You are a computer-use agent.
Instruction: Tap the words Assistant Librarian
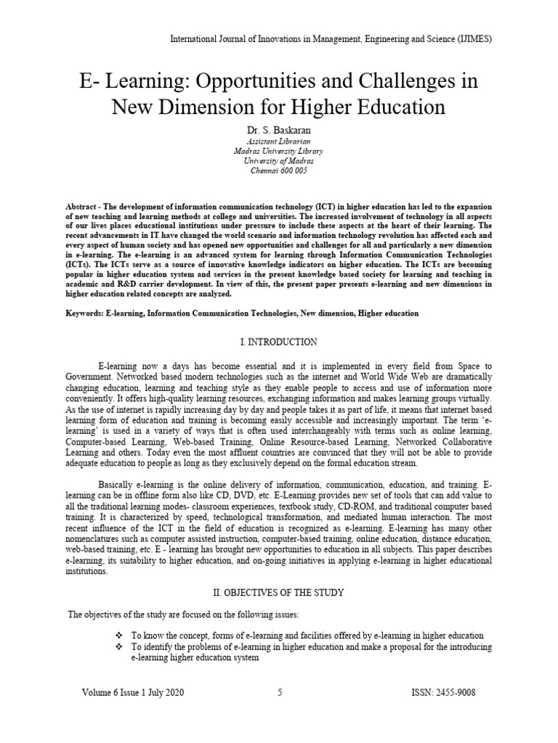279,140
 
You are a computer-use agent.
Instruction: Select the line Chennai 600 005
279,171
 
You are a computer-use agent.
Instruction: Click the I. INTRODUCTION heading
278,341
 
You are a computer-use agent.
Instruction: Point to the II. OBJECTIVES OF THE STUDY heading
278,593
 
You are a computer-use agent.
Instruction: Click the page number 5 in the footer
280,693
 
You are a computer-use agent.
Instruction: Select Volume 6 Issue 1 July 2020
133,693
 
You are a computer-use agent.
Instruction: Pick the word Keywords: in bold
84,313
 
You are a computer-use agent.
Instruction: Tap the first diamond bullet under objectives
119,635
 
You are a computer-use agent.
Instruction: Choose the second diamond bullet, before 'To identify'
119,646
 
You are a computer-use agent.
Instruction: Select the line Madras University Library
279,151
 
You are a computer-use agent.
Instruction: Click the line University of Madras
279,161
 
